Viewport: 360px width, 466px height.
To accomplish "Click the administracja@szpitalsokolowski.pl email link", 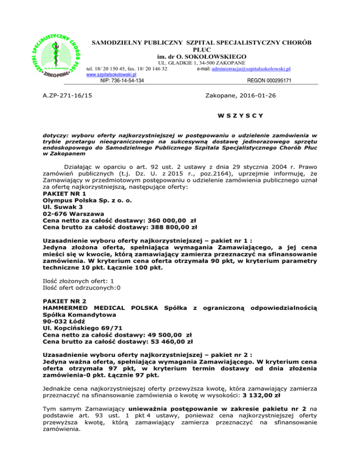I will tap(253, 68).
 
